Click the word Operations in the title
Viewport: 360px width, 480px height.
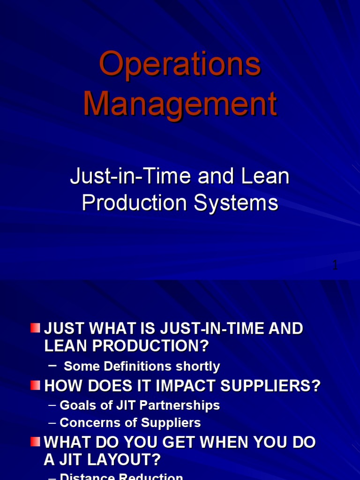pos(180,65)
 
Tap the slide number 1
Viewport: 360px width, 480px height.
pos(335,265)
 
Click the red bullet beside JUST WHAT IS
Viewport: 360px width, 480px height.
pos(35,328)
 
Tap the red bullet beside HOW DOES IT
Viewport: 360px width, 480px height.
pos(35,385)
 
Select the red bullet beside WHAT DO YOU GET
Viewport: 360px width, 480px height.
pos(35,442)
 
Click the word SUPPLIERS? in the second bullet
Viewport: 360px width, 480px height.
pos(275,386)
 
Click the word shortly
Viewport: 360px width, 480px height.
pos(198,366)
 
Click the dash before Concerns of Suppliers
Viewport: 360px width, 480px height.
pos(52,423)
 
